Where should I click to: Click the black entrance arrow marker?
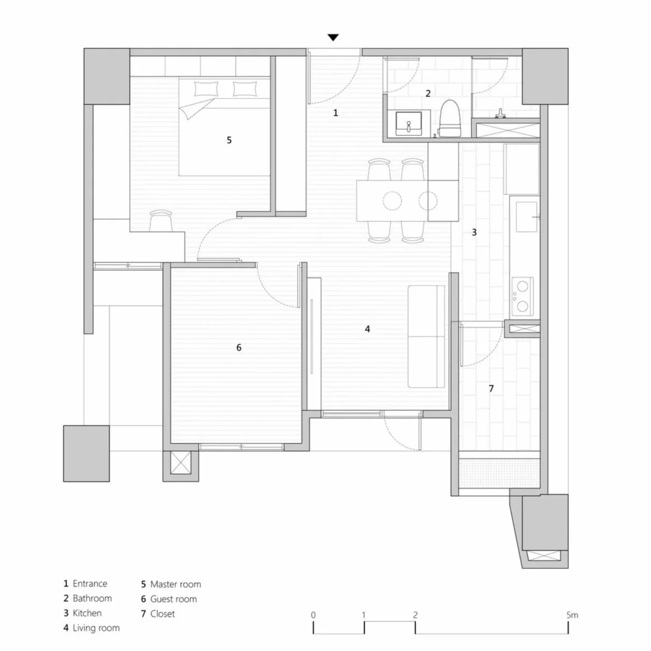tap(333, 37)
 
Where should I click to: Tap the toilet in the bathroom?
tap(450, 119)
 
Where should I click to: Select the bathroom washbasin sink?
tap(408, 123)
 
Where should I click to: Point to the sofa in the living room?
tap(426, 336)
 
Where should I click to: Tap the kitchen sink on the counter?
tap(526, 217)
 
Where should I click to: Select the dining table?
tap(392, 200)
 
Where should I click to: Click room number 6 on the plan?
tap(239, 348)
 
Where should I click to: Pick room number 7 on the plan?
tap(491, 388)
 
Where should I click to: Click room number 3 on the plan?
tap(474, 232)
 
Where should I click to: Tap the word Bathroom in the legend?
tap(92, 598)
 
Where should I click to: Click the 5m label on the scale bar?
tap(572, 615)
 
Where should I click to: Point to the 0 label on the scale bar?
tap(313, 615)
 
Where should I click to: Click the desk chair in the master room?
tap(161, 219)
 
